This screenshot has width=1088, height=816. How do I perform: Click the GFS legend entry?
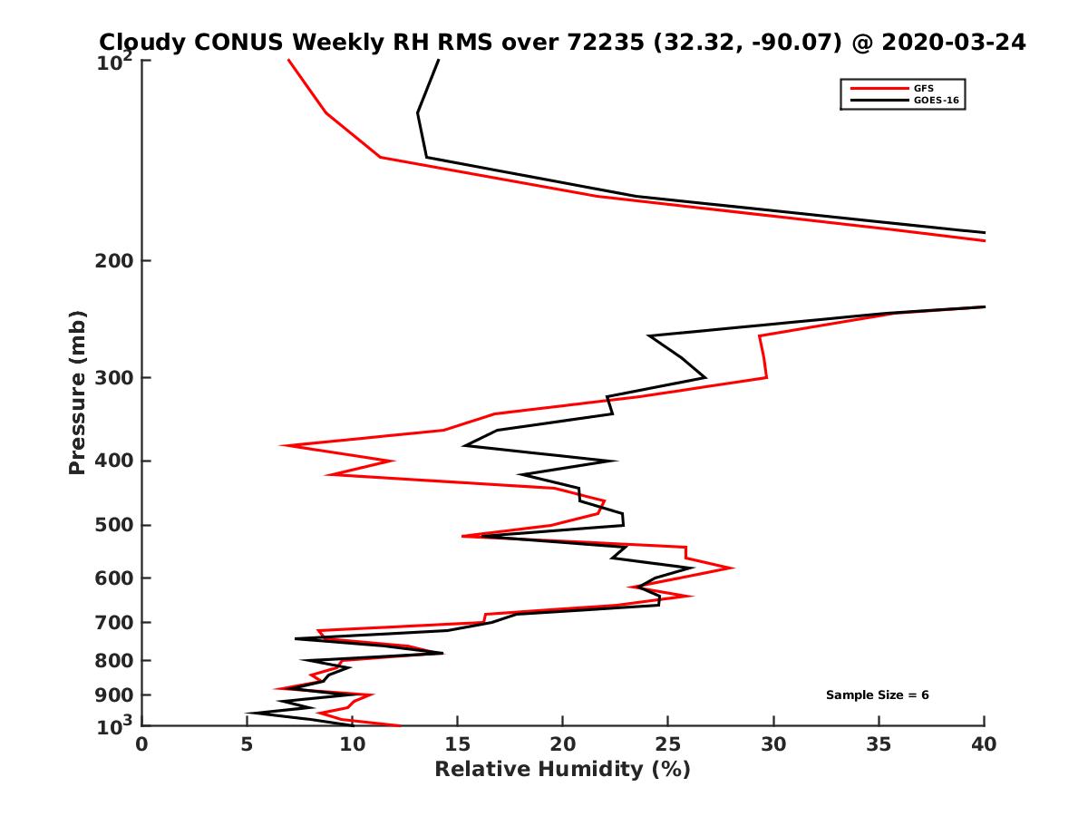[926, 88]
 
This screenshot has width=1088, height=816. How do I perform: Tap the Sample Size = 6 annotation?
[877, 695]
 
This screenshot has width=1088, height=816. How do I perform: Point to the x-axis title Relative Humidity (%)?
[562, 770]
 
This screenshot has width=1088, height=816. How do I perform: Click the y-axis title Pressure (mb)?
[77, 392]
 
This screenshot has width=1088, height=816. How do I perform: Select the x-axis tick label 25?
[668, 744]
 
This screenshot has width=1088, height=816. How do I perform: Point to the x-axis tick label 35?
[879, 744]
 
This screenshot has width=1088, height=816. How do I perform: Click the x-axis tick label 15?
[458, 744]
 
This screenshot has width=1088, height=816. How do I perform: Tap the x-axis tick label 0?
[141, 744]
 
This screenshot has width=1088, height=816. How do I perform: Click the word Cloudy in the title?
[139, 42]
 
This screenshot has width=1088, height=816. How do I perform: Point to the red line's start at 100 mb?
[288, 60]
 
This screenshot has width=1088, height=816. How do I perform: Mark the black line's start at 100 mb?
[439, 60]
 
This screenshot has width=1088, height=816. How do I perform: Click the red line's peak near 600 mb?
[733, 568]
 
